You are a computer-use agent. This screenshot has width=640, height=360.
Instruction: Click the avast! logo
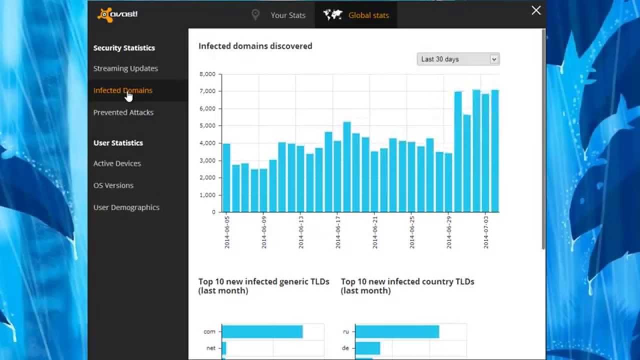(x=117, y=14)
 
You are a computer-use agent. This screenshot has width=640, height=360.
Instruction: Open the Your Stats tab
(x=279, y=15)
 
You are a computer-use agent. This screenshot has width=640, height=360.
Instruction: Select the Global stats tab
(x=356, y=15)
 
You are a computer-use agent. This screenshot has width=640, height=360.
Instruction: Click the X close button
(x=536, y=10)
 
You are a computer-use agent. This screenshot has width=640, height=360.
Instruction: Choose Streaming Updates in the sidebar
(x=125, y=68)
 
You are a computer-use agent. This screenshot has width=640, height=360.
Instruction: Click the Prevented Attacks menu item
(x=123, y=112)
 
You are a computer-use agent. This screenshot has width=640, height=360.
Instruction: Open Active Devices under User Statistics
(x=117, y=163)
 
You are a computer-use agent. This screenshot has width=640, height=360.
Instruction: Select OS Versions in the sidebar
(x=113, y=185)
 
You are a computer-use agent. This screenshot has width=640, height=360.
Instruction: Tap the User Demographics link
(x=126, y=207)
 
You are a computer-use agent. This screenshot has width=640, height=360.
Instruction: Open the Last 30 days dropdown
(x=458, y=59)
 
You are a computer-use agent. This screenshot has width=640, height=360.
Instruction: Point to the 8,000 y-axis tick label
(x=207, y=74)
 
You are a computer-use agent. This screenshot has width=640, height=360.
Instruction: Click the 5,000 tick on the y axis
(x=207, y=125)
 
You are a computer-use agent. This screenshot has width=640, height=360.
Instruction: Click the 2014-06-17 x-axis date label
(x=337, y=232)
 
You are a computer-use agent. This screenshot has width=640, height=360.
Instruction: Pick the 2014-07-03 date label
(x=486, y=232)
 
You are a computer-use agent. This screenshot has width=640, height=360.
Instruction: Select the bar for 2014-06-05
(x=226, y=177)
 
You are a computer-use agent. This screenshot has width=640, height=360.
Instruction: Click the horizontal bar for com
(x=262, y=331)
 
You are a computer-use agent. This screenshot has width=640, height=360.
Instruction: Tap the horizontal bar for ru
(x=397, y=331)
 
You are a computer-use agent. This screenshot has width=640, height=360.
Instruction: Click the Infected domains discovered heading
(x=255, y=46)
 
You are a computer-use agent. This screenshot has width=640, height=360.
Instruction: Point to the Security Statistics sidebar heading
(x=124, y=48)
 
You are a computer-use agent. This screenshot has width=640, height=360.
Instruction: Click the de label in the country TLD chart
(x=345, y=348)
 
